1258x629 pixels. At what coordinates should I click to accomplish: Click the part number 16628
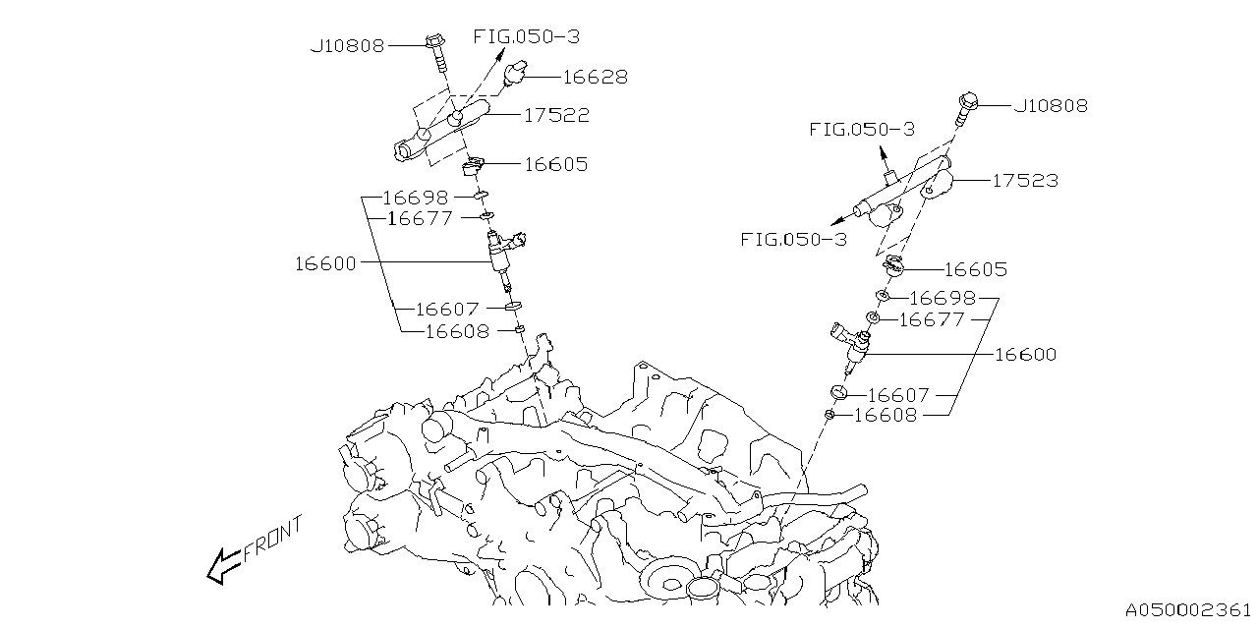click(595, 77)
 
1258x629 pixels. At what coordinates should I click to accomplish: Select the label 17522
click(556, 115)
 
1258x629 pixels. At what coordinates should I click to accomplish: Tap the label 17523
click(1025, 181)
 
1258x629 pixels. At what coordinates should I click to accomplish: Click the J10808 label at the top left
click(347, 45)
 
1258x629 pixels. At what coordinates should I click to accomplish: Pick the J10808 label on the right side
click(1051, 106)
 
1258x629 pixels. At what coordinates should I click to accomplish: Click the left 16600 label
click(325, 263)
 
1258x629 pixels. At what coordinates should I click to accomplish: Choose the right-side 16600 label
click(1025, 355)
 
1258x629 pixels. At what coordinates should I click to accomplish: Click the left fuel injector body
click(502, 257)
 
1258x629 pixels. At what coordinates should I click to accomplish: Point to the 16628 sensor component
click(516, 74)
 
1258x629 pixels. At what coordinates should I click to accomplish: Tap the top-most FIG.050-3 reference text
click(527, 36)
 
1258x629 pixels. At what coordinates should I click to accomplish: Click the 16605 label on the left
click(555, 164)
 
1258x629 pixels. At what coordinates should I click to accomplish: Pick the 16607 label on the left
click(446, 310)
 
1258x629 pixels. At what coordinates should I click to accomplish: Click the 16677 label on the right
click(932, 319)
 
